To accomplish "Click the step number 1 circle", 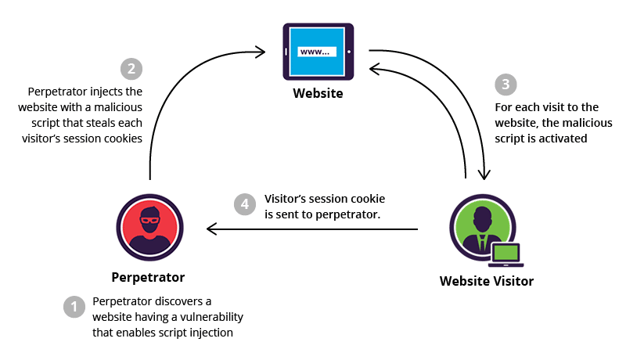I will tap(74, 307).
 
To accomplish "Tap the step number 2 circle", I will tap(131, 69).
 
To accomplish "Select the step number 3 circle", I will tap(506, 85).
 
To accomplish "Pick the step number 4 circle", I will tap(245, 204).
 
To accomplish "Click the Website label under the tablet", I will tap(318, 94).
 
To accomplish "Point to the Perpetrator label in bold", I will tap(148, 277).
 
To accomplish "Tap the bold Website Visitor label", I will tap(487, 281).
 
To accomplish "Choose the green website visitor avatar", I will tap(480, 225).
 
